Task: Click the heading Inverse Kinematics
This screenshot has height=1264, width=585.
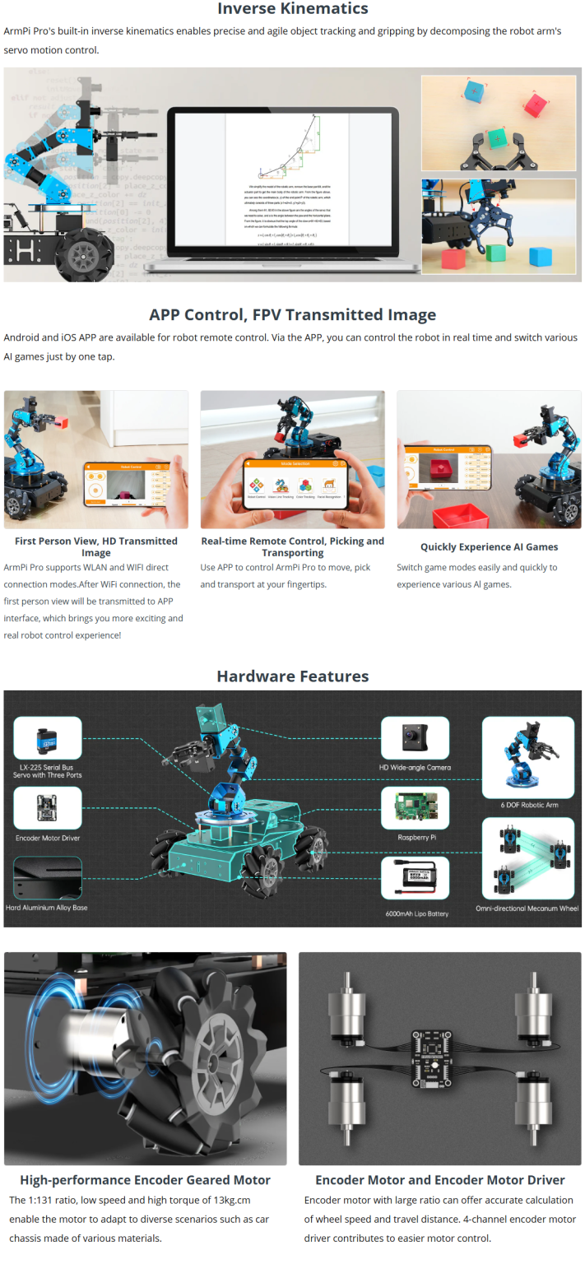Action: [x=292, y=9]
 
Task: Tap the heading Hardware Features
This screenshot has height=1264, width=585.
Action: [x=292, y=676]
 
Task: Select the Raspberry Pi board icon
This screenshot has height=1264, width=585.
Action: [x=415, y=808]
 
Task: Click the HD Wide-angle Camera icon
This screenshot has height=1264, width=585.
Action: [x=415, y=737]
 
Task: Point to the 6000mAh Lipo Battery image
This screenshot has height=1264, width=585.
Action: [x=416, y=878]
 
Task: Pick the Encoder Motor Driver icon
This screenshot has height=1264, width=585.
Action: [x=48, y=808]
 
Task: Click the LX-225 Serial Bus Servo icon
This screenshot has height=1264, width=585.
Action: [x=48, y=737]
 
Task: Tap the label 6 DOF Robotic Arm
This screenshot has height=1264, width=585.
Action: [x=529, y=804]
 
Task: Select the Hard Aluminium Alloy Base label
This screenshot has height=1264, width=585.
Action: [x=47, y=907]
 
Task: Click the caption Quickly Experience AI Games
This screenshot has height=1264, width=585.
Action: [x=489, y=546]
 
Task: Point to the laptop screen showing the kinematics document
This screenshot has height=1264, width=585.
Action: [x=287, y=179]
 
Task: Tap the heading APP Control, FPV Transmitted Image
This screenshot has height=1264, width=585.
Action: [x=292, y=314]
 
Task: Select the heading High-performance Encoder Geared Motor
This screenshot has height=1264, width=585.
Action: [x=145, y=1179]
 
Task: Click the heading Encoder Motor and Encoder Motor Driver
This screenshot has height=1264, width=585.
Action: [x=439, y=1179]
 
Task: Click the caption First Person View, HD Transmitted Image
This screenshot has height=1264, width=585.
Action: [x=96, y=546]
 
